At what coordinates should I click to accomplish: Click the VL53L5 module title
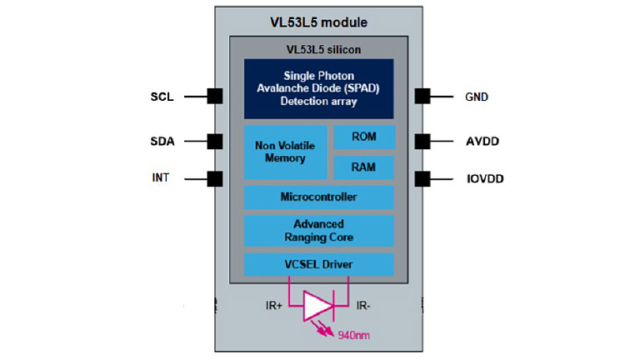point(318,21)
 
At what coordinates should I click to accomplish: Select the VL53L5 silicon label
point(318,50)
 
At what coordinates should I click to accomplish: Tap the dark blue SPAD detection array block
point(318,88)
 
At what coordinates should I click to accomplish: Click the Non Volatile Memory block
point(285,152)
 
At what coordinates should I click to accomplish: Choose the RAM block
point(363,167)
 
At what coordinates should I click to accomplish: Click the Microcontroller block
point(318,197)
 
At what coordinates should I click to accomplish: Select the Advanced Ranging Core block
point(318,231)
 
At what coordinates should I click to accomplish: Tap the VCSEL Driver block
point(318,265)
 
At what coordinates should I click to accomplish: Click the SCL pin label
point(162,97)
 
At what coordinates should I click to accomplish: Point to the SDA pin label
point(162,142)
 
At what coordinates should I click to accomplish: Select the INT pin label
point(161,178)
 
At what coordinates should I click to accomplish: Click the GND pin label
point(476,97)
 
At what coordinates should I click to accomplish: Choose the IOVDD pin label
point(483,178)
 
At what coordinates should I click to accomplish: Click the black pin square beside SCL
point(215,97)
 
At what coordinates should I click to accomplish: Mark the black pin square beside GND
point(422,97)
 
